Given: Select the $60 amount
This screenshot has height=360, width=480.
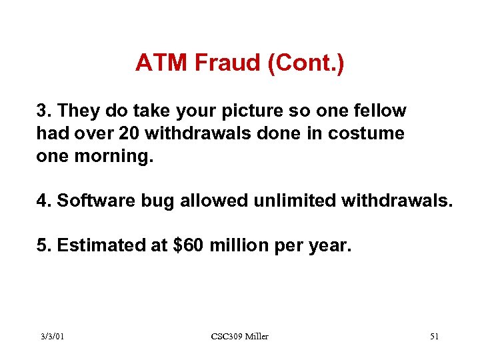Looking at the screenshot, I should pos(188,246).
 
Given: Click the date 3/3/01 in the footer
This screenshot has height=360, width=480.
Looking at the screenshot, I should pos(51,337).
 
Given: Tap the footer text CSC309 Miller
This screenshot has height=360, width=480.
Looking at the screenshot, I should pos(239,337).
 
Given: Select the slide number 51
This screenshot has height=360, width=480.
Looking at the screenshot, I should pos(434,337).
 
